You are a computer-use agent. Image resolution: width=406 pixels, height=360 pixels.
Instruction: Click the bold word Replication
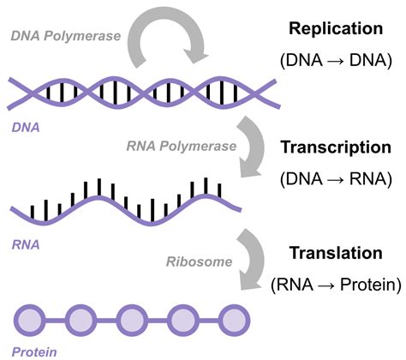pos(335,28)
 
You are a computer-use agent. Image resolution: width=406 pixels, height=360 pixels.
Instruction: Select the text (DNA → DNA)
pos(335,60)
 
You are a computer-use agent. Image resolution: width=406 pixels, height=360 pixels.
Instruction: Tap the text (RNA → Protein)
pos(335,285)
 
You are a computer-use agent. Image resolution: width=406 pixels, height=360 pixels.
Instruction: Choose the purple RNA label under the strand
pos(23,243)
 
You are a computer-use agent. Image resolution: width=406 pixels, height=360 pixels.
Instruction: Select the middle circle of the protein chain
pos(130,320)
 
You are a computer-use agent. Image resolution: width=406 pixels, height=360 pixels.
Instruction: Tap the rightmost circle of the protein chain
pos(232,320)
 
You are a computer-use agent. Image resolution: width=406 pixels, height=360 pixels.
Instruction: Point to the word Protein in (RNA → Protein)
pos(364,285)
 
